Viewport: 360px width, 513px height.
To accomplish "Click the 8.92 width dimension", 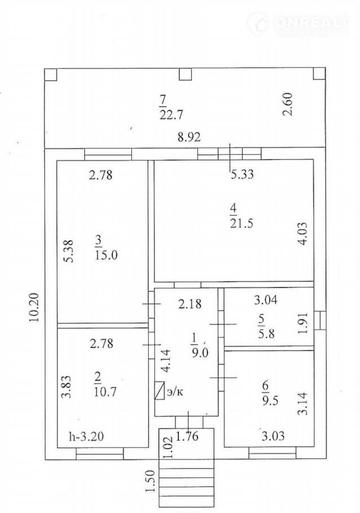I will tap(190, 136).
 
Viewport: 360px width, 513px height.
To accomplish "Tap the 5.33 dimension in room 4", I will tap(242, 175).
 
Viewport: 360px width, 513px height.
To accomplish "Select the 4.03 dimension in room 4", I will tap(303, 233).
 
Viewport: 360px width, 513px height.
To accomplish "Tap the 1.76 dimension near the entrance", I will tap(188, 435).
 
